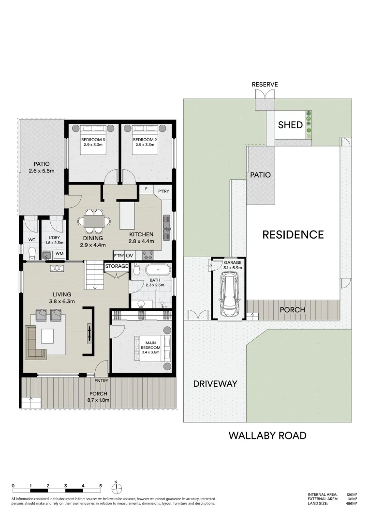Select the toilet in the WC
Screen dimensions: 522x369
[x=32, y=253]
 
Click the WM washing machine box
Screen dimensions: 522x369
[x=59, y=253]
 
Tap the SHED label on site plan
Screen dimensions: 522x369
[x=290, y=125]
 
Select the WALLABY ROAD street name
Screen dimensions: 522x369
[x=267, y=435]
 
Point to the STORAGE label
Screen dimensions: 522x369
[x=117, y=266]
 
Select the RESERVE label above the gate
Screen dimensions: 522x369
[x=265, y=85]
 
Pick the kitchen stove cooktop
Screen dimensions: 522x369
[x=148, y=255]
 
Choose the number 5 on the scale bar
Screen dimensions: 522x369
[x=101, y=486]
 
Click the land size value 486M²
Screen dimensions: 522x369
[x=351, y=503]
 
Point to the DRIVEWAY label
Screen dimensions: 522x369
[x=215, y=384]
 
